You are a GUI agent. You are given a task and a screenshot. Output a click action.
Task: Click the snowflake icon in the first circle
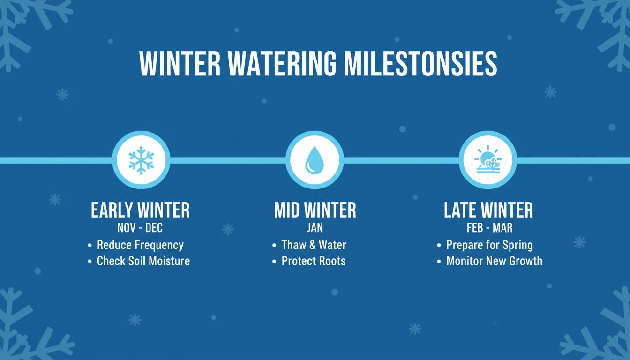[141, 160]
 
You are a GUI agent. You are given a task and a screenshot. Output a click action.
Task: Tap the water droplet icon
[315, 160]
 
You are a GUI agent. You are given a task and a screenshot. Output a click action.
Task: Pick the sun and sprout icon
[487, 160]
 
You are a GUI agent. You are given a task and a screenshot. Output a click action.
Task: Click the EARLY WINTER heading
[140, 210]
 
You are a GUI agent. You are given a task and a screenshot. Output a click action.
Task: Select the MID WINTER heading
[315, 210]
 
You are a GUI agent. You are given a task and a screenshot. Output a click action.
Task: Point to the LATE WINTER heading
[488, 210]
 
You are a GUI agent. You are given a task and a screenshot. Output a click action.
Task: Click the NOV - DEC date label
[140, 228]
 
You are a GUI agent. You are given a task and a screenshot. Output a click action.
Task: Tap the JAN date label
[315, 228]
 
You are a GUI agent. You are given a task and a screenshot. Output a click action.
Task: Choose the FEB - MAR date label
[489, 228]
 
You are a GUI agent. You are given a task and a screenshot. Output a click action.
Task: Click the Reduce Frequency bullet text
[140, 245]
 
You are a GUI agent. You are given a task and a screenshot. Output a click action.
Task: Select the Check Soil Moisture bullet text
[143, 261]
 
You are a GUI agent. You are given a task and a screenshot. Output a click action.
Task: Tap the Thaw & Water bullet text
[314, 245]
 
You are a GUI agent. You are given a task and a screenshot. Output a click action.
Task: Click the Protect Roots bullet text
[313, 261]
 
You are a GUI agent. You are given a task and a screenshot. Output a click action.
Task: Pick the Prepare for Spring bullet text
[489, 245]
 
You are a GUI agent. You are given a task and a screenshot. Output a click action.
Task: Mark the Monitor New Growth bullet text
[494, 261]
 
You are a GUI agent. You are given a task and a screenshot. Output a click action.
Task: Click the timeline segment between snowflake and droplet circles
[228, 160]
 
